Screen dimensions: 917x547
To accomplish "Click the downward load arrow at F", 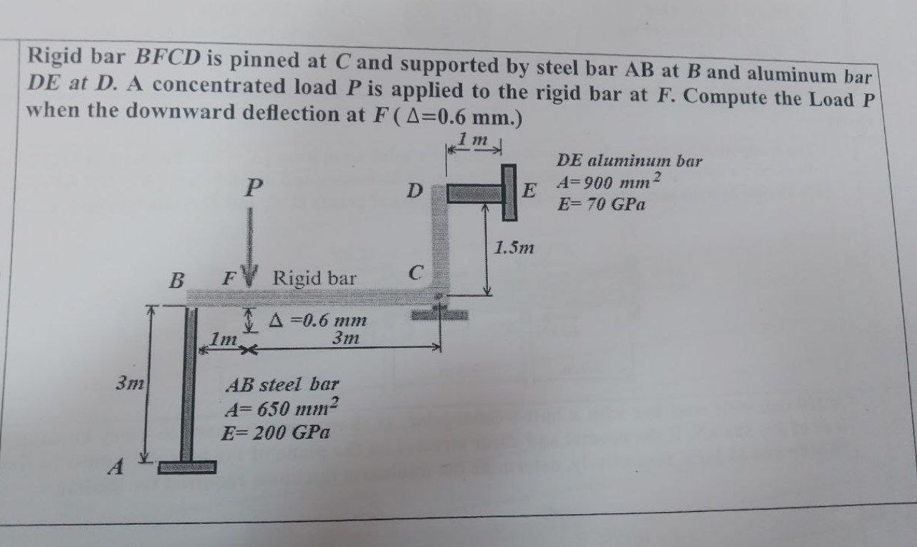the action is click(250, 244).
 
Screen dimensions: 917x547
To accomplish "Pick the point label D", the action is click(413, 191).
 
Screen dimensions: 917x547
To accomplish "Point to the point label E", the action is click(529, 191).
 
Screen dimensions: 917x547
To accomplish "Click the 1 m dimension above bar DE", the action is click(475, 140).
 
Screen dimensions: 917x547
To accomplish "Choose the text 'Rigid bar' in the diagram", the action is click(315, 278).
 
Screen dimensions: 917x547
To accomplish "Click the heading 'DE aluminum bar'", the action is click(629, 160).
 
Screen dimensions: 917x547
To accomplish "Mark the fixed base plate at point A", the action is click(186, 467).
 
